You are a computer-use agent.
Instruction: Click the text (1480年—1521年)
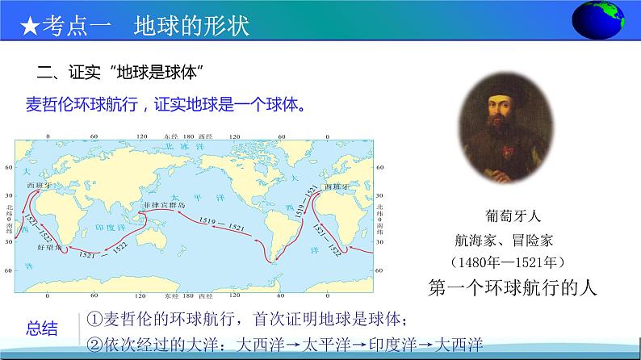pos(505,262)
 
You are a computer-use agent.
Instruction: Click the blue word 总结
pos(42,328)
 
